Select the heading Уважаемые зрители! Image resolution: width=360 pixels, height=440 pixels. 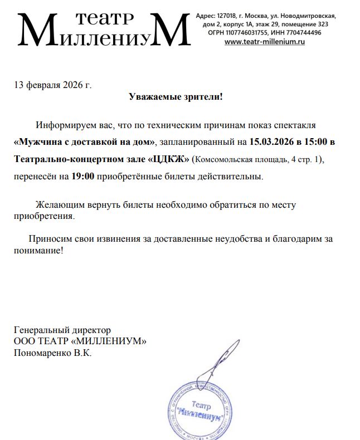pos(175,97)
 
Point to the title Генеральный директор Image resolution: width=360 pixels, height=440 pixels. pos(62,330)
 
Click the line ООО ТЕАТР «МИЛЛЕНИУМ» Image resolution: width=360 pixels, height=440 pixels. pos(80,341)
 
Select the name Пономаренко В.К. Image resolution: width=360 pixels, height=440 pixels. pos(52,353)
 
